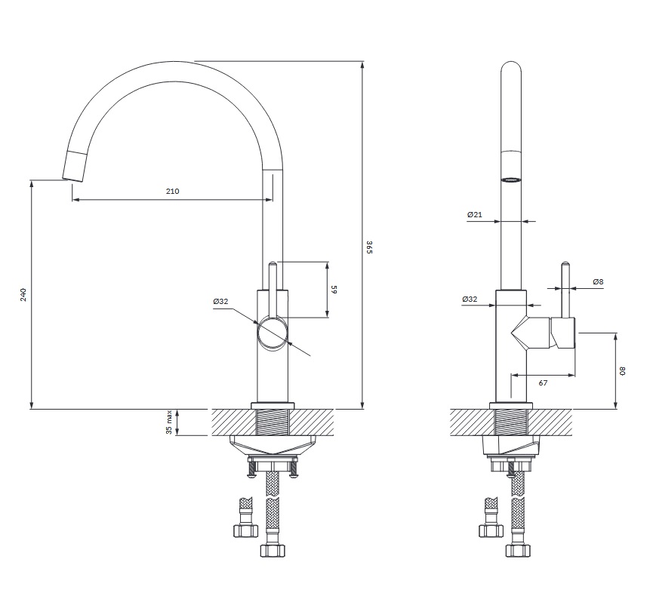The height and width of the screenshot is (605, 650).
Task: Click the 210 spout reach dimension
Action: pyautogui.click(x=172, y=192)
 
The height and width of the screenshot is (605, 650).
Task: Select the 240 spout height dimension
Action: pyautogui.click(x=23, y=294)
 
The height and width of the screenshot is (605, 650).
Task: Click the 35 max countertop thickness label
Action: pyautogui.click(x=169, y=422)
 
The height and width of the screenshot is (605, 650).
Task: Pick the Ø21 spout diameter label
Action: pyautogui.click(x=475, y=214)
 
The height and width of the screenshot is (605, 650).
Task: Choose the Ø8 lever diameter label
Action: pyautogui.click(x=598, y=281)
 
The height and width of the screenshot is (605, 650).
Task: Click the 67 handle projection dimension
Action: pyautogui.click(x=543, y=383)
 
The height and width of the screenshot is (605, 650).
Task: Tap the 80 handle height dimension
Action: pyautogui.click(x=622, y=371)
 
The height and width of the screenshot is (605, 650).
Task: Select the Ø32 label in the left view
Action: pyautogui.click(x=220, y=302)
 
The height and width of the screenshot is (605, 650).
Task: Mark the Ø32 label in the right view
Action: pyautogui.click(x=470, y=299)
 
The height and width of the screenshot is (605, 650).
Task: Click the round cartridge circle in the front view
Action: pyautogui.click(x=273, y=333)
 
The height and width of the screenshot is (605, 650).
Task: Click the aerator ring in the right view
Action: pyautogui.click(x=510, y=180)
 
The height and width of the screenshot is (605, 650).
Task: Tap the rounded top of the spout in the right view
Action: pyautogui.click(x=510, y=67)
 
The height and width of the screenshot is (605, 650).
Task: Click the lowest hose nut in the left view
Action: pyautogui.click(x=273, y=551)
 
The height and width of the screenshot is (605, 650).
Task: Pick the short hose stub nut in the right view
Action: pyautogui.click(x=491, y=531)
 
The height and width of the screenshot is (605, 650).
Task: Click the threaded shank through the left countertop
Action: pyautogui.click(x=273, y=422)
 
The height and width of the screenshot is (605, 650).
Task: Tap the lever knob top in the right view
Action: pyautogui.click(x=565, y=264)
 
